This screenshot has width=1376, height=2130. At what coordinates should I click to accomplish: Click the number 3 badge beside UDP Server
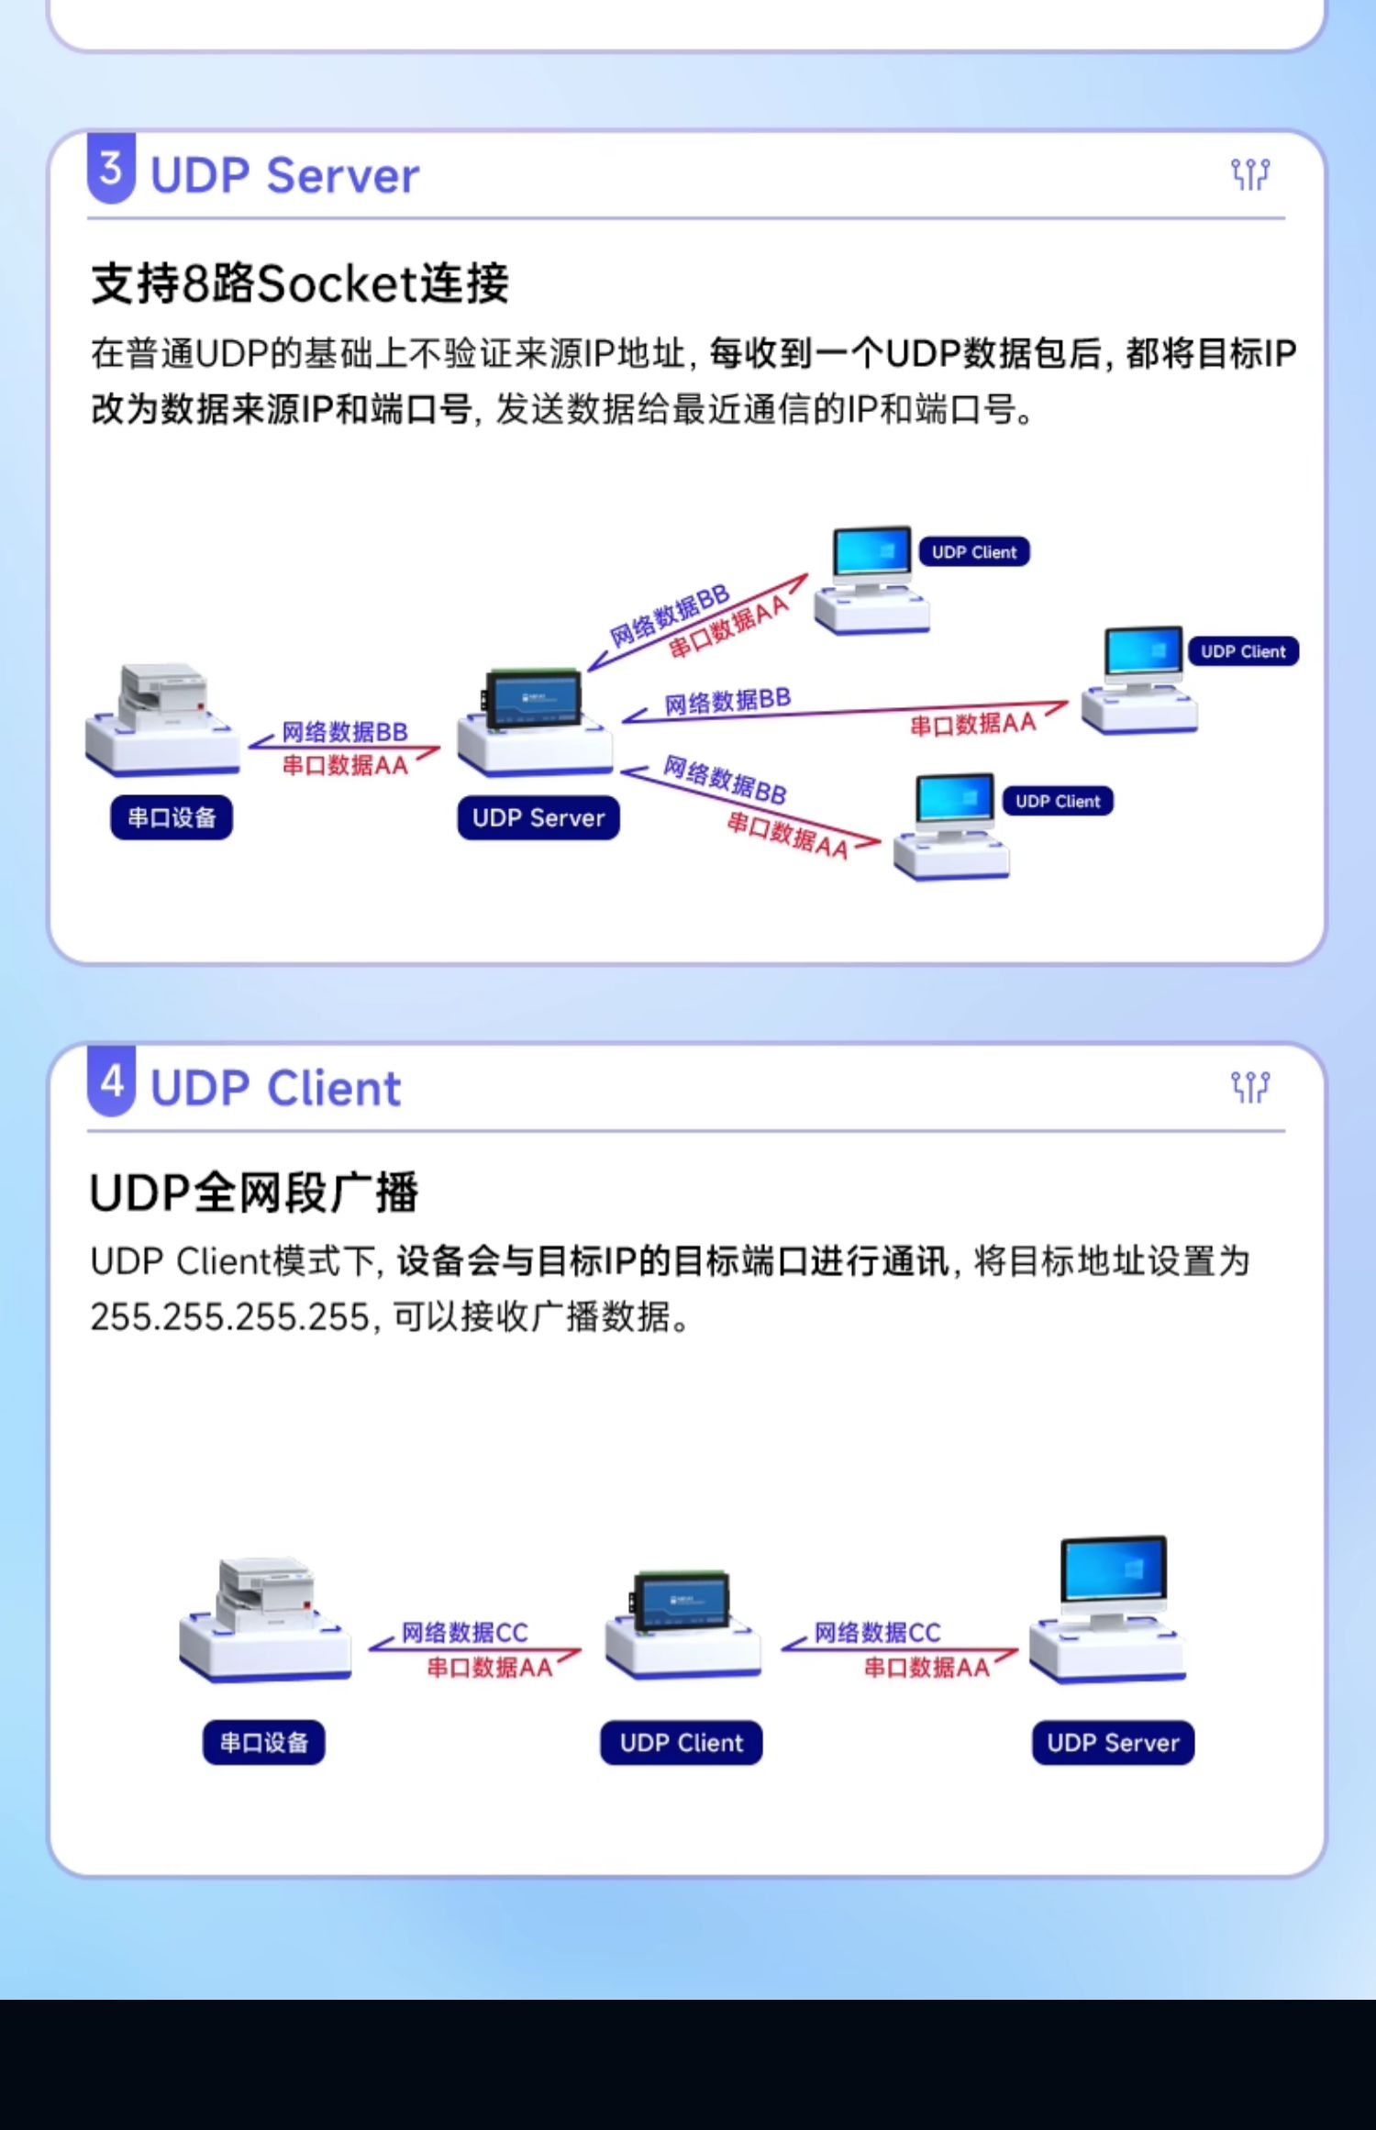click(x=111, y=169)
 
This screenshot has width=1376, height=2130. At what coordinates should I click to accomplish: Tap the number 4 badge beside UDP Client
click(x=111, y=1082)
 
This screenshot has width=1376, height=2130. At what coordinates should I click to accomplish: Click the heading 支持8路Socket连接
click(x=299, y=283)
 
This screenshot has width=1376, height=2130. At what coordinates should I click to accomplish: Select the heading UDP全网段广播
click(x=253, y=1193)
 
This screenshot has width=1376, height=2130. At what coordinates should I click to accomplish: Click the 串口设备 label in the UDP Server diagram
click(x=172, y=817)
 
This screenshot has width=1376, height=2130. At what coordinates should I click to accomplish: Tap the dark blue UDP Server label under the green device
click(x=538, y=817)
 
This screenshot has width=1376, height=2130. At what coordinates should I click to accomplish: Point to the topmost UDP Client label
click(x=974, y=552)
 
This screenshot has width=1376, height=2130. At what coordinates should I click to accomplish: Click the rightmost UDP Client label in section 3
click(x=1243, y=651)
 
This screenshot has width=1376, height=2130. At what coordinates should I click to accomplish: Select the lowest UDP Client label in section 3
click(x=1058, y=801)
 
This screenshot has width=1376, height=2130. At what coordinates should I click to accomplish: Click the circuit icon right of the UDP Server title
click(x=1249, y=173)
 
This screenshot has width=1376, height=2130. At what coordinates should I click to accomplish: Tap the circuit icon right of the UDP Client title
click(x=1249, y=1087)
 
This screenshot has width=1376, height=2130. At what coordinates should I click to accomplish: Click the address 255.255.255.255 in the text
click(x=229, y=1317)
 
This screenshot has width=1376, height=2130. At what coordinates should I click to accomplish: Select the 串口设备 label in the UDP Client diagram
click(x=264, y=1742)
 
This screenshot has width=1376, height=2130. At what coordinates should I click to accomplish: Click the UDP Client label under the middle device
click(x=682, y=1742)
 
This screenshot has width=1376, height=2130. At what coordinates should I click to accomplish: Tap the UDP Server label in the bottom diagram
click(x=1113, y=1742)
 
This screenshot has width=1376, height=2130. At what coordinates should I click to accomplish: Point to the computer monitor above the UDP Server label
click(x=1114, y=1572)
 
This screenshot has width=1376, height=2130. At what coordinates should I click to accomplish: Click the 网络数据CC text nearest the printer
click(x=465, y=1633)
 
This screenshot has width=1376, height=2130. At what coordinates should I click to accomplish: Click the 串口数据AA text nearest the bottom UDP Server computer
click(x=927, y=1668)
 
